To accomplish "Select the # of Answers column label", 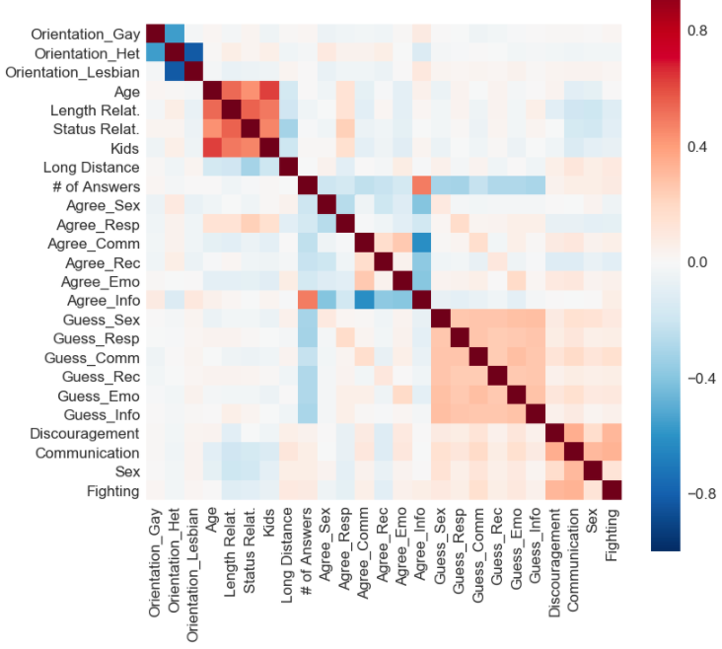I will click(309, 543).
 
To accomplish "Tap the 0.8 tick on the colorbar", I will click(697, 31).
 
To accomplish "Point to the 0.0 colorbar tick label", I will click(697, 262).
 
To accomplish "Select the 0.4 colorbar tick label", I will click(697, 147).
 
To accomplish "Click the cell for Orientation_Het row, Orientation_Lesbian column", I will click(193, 51).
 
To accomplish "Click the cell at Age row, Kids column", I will click(269, 90).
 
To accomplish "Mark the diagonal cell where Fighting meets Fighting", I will click(613, 490).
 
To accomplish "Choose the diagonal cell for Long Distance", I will click(288, 166).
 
